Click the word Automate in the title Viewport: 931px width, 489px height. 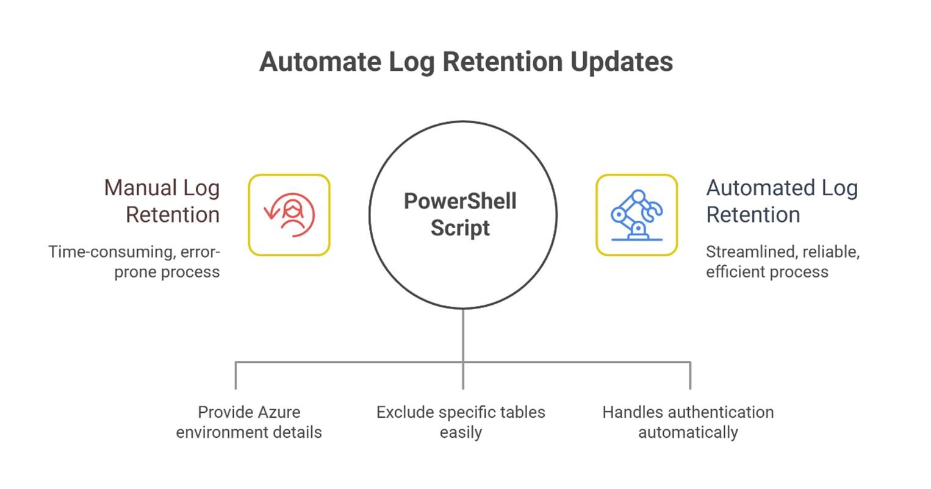pyautogui.click(x=311, y=62)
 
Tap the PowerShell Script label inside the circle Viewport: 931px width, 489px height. pyautogui.click(x=460, y=215)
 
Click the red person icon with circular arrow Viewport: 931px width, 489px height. pyautogui.click(x=289, y=215)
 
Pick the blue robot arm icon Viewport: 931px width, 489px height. pyautogui.click(x=636, y=215)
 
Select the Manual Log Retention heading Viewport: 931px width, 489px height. pyautogui.click(x=162, y=201)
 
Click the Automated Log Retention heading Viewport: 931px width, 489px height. pyautogui.click(x=782, y=201)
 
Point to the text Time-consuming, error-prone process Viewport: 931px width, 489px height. pyautogui.click(x=134, y=262)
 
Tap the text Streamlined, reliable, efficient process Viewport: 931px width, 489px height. pyautogui.click(x=782, y=262)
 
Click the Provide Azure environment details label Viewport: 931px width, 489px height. pyautogui.click(x=249, y=422)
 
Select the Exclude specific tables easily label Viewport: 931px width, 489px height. pyautogui.click(x=461, y=422)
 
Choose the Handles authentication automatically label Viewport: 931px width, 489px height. pyautogui.click(x=688, y=422)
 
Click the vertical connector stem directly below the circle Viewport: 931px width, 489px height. pyautogui.click(x=463, y=335)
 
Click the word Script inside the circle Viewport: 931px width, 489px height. pyautogui.click(x=460, y=228)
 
